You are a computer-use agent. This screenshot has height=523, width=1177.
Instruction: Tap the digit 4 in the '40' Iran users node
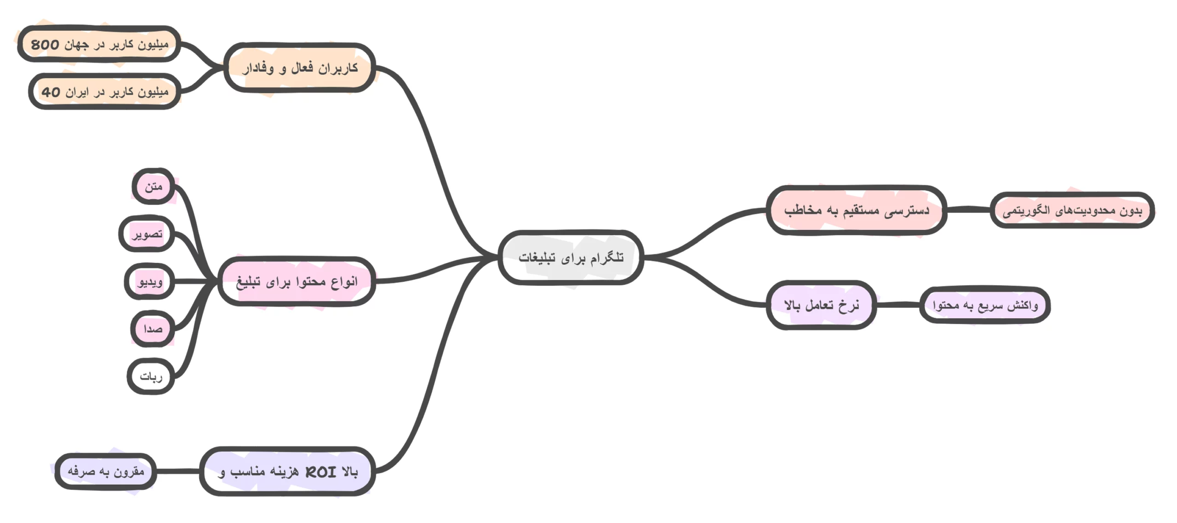pyautogui.click(x=46, y=92)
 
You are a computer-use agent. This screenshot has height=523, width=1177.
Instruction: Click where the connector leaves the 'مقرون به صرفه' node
pyautogui.click(x=155, y=471)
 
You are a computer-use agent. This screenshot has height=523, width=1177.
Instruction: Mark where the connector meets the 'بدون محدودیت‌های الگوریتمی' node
pyautogui.click(x=991, y=210)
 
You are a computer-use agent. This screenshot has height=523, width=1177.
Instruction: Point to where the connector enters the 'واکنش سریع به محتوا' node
pyautogui.click(x=921, y=304)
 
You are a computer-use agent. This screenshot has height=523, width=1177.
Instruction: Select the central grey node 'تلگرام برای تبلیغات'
pyautogui.click(x=571, y=257)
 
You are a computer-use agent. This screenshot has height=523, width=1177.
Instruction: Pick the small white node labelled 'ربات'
pyautogui.click(x=151, y=376)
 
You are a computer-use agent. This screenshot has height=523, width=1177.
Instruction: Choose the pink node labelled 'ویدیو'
pyautogui.click(x=149, y=281)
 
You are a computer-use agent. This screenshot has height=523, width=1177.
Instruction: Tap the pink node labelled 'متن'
pyautogui.click(x=154, y=186)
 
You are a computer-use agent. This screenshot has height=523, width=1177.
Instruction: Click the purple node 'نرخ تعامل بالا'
pyautogui.click(x=821, y=305)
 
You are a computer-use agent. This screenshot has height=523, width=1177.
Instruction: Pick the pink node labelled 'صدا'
pyautogui.click(x=153, y=329)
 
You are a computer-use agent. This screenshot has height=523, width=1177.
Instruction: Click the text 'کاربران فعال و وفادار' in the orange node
pyautogui.click(x=300, y=68)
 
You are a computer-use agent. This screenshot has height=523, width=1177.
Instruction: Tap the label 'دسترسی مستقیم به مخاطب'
pyautogui.click(x=857, y=210)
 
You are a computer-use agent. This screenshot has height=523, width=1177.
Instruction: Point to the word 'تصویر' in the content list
pyautogui.click(x=147, y=234)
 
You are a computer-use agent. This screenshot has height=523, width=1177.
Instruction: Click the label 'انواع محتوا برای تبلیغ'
pyautogui.click(x=297, y=282)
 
